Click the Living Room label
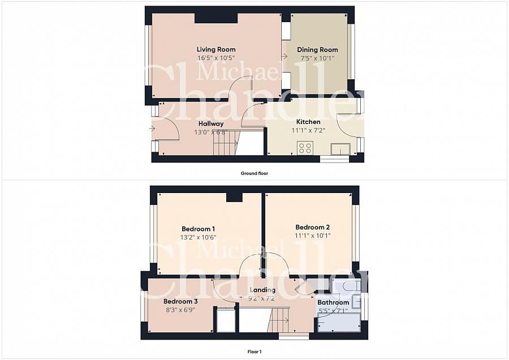click(x=216, y=49)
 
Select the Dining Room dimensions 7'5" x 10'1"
click(x=317, y=58)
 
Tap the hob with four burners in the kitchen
click(x=305, y=148)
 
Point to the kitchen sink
click(x=340, y=149)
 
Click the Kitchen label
click(x=308, y=122)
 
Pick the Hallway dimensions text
click(x=210, y=132)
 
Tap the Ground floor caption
click(x=254, y=173)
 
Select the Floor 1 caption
click(x=254, y=352)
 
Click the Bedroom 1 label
click(x=197, y=229)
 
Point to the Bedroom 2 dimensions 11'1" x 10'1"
click(x=312, y=235)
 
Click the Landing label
click(x=262, y=290)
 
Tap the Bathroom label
click(x=333, y=302)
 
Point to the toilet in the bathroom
click(x=351, y=286)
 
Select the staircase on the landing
click(x=278, y=320)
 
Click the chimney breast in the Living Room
click(x=216, y=18)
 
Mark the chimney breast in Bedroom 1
click(x=234, y=196)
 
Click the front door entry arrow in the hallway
click(x=152, y=128)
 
